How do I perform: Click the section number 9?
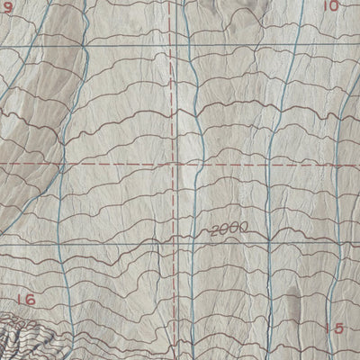tap(8, 7)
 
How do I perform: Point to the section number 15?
tap(334, 328)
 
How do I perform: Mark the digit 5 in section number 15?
tap(338, 328)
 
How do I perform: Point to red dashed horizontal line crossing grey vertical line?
tap(192, 166)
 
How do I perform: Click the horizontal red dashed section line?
tap(90, 166)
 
